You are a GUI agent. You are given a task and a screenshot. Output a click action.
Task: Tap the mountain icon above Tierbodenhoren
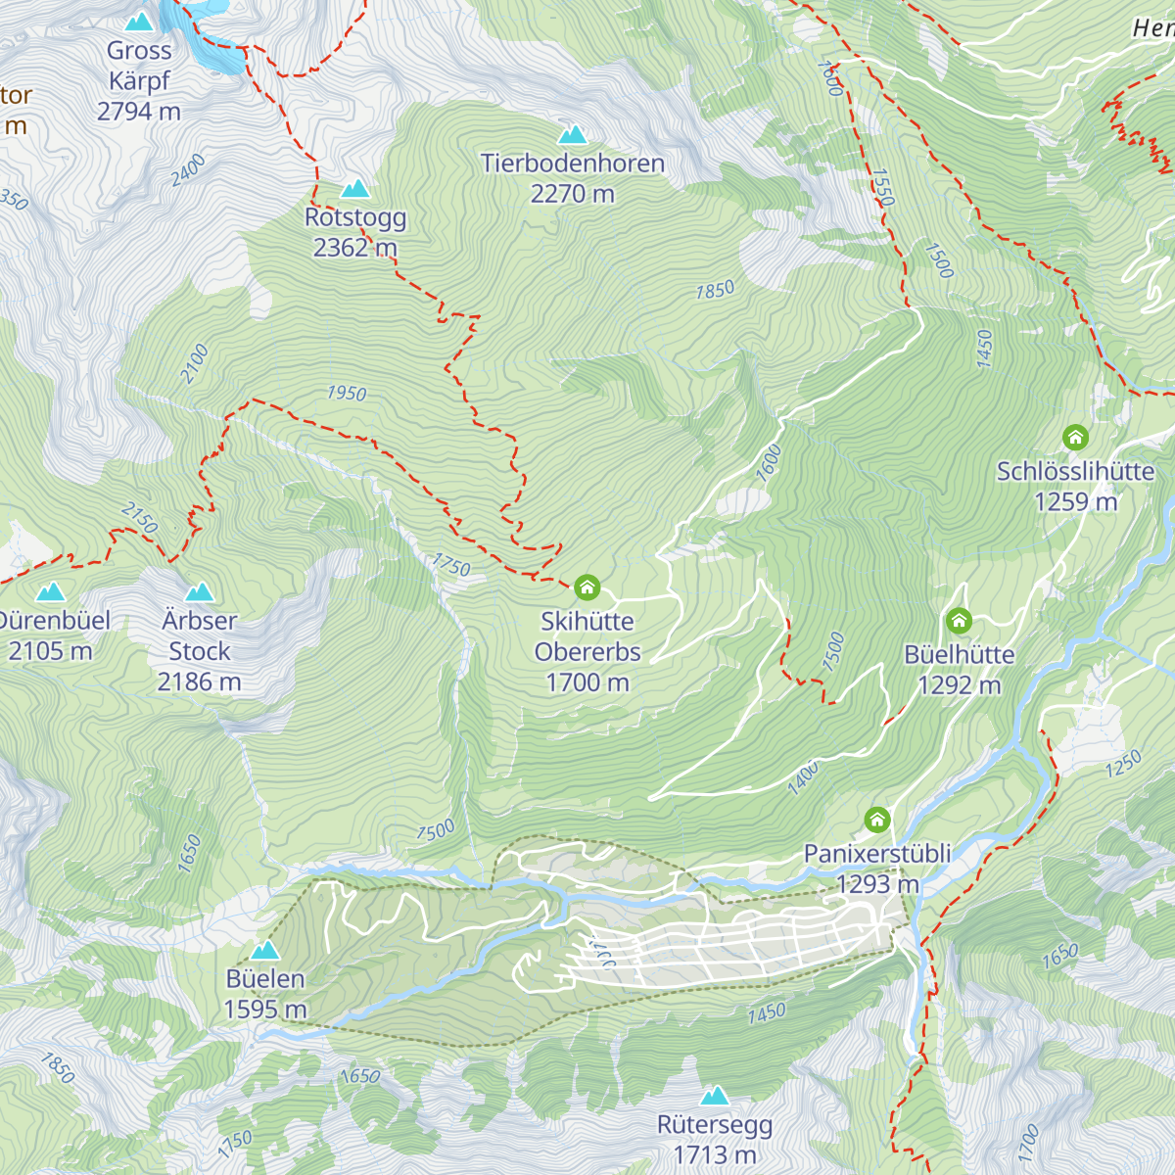click(x=572, y=134)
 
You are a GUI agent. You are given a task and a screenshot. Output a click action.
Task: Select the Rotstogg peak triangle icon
click(x=354, y=188)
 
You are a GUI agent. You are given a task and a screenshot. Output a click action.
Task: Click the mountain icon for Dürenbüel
click(x=50, y=591)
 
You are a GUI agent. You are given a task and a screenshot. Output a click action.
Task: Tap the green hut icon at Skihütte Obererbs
click(x=587, y=587)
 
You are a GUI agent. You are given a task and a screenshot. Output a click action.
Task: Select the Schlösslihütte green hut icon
click(x=1075, y=438)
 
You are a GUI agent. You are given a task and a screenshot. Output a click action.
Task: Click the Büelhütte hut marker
click(x=959, y=621)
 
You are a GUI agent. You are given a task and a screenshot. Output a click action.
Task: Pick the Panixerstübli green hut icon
click(x=876, y=819)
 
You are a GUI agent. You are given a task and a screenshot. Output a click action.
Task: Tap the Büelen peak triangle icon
click(x=264, y=950)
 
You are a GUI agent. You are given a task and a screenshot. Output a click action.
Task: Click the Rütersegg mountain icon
click(x=715, y=1095)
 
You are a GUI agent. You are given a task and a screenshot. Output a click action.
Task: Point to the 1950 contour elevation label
click(x=347, y=393)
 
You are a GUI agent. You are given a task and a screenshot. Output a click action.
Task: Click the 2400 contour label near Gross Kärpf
click(x=188, y=170)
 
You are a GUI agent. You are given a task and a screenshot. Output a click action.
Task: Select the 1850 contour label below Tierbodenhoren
click(x=715, y=290)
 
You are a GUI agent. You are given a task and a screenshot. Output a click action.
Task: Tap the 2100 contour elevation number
click(x=195, y=363)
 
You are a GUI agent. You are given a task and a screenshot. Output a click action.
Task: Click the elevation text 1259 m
click(x=1075, y=501)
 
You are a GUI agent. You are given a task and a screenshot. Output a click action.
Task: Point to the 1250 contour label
click(x=1123, y=764)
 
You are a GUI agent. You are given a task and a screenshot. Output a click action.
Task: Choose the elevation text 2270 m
click(x=572, y=194)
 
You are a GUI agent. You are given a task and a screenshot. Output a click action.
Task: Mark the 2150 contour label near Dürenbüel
click(x=139, y=518)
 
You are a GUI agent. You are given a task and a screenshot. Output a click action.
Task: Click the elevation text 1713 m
click(x=715, y=1155)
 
